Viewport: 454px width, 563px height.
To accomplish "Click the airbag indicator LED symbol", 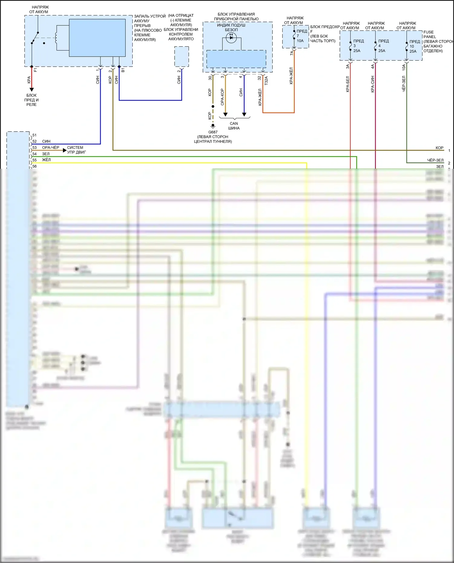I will (x=231, y=38).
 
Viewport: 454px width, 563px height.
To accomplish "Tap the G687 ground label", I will (x=213, y=132).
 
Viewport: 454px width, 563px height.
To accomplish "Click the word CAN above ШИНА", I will (x=234, y=123).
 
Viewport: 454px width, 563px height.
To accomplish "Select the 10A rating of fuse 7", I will (x=300, y=41).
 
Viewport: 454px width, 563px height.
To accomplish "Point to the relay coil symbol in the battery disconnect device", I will (x=56, y=38).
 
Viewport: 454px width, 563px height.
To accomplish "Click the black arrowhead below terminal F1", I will (x=31, y=90).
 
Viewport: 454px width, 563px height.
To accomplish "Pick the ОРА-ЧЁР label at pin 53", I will (x=51, y=148).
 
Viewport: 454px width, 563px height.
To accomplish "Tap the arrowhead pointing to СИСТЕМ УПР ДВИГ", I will (x=64, y=150).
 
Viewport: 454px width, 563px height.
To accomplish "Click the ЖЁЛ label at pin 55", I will (x=46, y=160).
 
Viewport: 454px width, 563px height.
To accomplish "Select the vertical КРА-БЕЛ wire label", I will (x=348, y=84).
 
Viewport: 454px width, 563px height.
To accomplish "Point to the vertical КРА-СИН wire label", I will (x=373, y=84).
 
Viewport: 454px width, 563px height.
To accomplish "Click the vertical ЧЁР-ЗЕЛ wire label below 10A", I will (x=404, y=84).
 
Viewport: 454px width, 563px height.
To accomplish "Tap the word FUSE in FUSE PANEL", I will (x=428, y=32).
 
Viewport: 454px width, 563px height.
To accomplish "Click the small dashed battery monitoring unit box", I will (x=182, y=57).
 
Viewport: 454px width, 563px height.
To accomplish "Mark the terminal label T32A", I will (x=266, y=80).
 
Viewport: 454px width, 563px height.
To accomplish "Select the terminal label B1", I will (x=123, y=70).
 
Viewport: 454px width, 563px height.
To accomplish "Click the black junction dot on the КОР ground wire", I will (x=213, y=106).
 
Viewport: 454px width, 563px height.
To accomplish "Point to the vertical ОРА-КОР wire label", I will (x=222, y=97).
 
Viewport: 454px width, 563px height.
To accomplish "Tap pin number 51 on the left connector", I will (x=35, y=135).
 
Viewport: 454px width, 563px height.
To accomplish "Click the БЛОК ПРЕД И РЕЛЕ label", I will (x=31, y=100).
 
